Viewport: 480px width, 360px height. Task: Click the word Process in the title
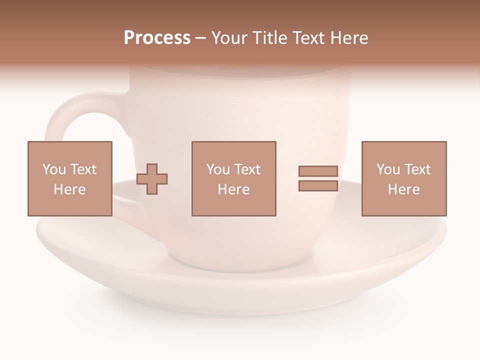click(x=157, y=38)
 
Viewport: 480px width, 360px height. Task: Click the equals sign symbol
click(x=318, y=178)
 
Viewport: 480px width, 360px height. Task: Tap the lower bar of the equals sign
click(x=318, y=185)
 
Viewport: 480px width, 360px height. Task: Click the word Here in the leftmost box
click(x=69, y=189)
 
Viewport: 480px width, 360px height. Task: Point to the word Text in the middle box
click(x=247, y=169)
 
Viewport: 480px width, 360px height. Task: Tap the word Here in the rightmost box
click(x=403, y=189)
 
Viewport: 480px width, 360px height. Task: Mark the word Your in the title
click(x=229, y=38)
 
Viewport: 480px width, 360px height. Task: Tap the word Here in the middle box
click(x=233, y=189)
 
